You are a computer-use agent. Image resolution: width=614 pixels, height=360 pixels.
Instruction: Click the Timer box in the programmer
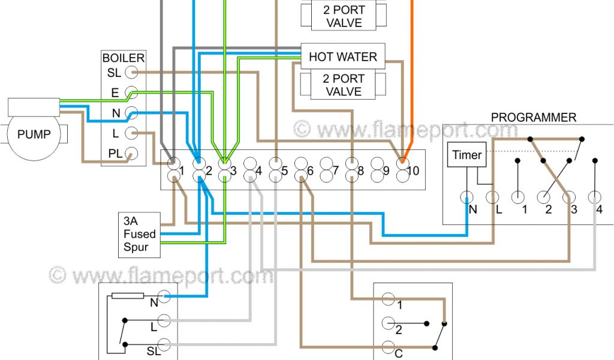(x=466, y=155)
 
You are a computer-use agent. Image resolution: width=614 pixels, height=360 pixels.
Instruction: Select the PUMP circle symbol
(x=34, y=134)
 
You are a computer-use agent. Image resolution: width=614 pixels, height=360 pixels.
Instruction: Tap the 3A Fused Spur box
(x=139, y=234)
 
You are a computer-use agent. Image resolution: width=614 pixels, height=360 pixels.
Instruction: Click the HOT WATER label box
(x=342, y=57)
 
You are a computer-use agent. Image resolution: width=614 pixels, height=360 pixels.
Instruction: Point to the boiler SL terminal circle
(x=133, y=73)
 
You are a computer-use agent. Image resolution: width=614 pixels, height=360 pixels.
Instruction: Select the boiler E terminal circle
(x=133, y=92)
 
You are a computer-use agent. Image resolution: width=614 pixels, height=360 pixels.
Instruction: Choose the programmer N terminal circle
(x=466, y=197)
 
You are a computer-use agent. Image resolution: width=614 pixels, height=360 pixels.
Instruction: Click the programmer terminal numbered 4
(x=594, y=197)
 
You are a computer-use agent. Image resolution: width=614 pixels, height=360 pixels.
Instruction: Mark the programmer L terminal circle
(x=492, y=197)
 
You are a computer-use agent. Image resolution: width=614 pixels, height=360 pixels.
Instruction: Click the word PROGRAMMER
(x=533, y=118)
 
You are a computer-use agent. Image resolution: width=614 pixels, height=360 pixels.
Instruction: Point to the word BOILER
(x=124, y=58)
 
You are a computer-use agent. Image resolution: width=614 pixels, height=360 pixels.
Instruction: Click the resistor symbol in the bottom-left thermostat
(x=128, y=296)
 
